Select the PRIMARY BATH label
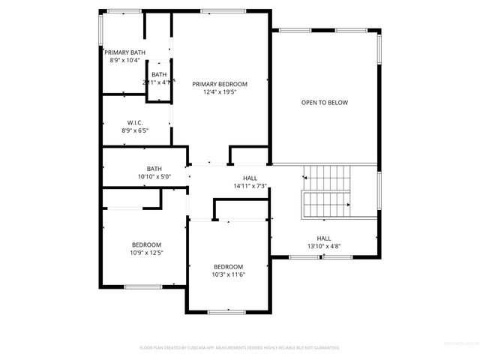point(124,52)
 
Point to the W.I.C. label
point(135,123)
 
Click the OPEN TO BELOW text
point(325,103)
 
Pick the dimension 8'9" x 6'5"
point(135,131)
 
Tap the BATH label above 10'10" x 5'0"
point(154,169)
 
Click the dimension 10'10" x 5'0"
point(154,177)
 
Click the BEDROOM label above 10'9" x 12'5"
point(146,244)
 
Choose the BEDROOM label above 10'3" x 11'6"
point(228,267)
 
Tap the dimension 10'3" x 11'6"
point(228,275)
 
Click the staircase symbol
point(327,191)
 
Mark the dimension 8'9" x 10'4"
point(124,60)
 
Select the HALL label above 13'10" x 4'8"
point(324,238)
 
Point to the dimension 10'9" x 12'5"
point(146,253)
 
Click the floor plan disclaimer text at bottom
point(240,348)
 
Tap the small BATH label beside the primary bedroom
point(159,74)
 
